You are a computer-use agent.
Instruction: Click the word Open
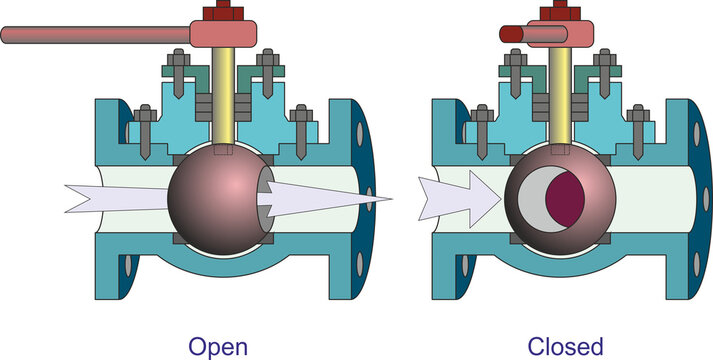(x=218, y=346)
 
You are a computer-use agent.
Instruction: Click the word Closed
(x=567, y=346)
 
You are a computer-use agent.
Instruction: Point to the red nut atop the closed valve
(x=561, y=11)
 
